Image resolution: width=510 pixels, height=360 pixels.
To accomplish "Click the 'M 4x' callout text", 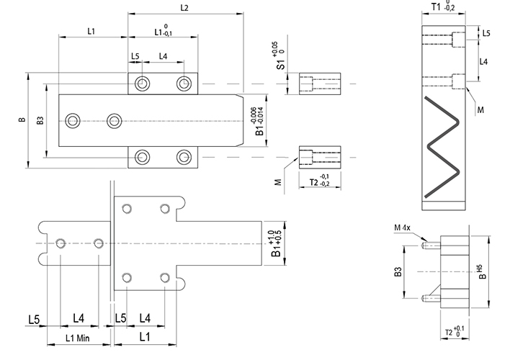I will click(x=403, y=229).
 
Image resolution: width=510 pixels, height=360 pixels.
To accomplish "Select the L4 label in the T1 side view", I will click(x=484, y=63).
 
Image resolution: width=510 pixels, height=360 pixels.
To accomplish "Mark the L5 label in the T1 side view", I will click(x=486, y=33).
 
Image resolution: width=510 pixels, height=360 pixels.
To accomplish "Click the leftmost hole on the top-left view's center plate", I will click(x=72, y=120).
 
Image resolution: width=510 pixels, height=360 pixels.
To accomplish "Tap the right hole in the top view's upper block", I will click(x=185, y=84).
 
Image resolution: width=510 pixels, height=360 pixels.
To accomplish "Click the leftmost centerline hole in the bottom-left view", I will click(x=62, y=243).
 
